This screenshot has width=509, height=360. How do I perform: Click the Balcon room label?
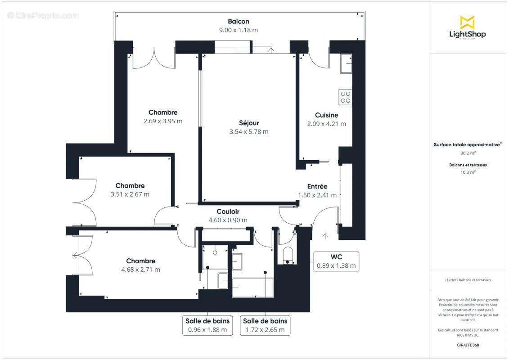tap(238, 21)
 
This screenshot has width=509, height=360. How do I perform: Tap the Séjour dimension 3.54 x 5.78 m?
tap(248, 132)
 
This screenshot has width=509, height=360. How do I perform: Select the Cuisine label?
tap(326, 115)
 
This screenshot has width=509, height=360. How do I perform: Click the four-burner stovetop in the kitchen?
tap(345, 97)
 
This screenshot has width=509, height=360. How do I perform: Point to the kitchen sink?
tap(346, 64)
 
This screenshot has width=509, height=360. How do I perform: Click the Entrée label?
tap(317, 186)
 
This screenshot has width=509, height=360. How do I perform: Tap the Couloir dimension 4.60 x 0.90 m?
tap(228, 220)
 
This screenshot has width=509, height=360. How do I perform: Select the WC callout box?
tap(336, 261)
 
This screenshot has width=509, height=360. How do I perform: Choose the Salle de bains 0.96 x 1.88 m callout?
tap(207, 325)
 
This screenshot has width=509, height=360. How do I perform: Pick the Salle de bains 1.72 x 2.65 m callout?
tap(265, 325)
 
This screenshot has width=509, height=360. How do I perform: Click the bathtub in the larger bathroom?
tap(252, 287)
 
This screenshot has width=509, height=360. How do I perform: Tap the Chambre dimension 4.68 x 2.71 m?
tap(140, 270)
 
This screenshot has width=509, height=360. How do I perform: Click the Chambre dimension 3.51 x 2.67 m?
tap(130, 194)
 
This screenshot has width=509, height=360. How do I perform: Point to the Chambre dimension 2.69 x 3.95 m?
tap(163, 121)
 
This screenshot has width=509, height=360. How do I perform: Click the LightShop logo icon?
tap(467, 22)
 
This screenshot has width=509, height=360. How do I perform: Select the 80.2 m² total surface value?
tap(468, 153)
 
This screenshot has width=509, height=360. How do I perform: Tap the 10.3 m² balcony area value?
tap(468, 172)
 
